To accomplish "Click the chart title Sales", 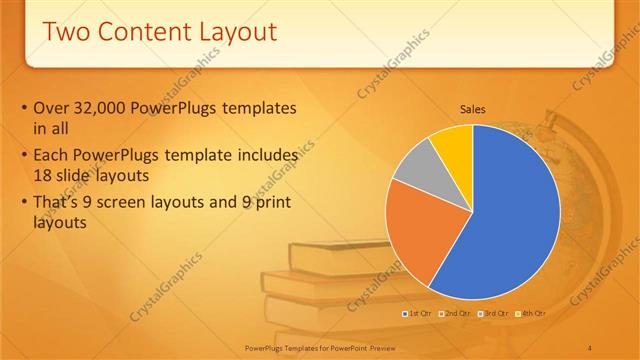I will click(473, 109).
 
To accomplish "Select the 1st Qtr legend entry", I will click(418, 314).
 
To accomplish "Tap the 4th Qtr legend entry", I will click(532, 314).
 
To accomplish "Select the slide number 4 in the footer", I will click(590, 346).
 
